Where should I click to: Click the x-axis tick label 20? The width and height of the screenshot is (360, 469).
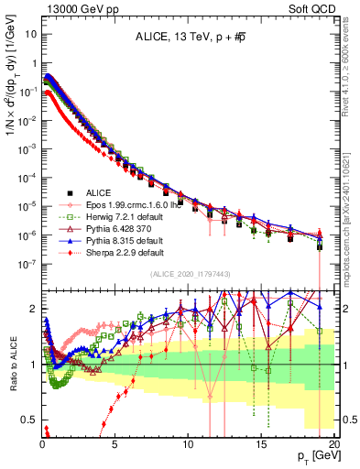(333, 444)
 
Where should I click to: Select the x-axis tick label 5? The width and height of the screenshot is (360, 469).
(115, 444)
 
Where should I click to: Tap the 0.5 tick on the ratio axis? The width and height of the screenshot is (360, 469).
(27, 420)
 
